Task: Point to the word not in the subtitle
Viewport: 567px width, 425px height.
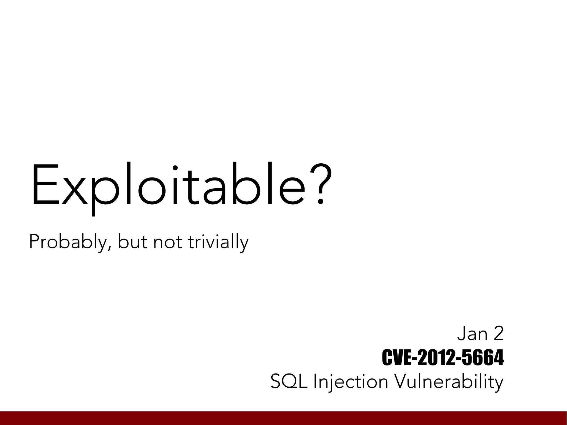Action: tap(167, 242)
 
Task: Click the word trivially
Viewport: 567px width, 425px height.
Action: tap(218, 242)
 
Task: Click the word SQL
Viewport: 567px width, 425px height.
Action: tap(288, 382)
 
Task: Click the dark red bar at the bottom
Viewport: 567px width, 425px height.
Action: tap(283, 418)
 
